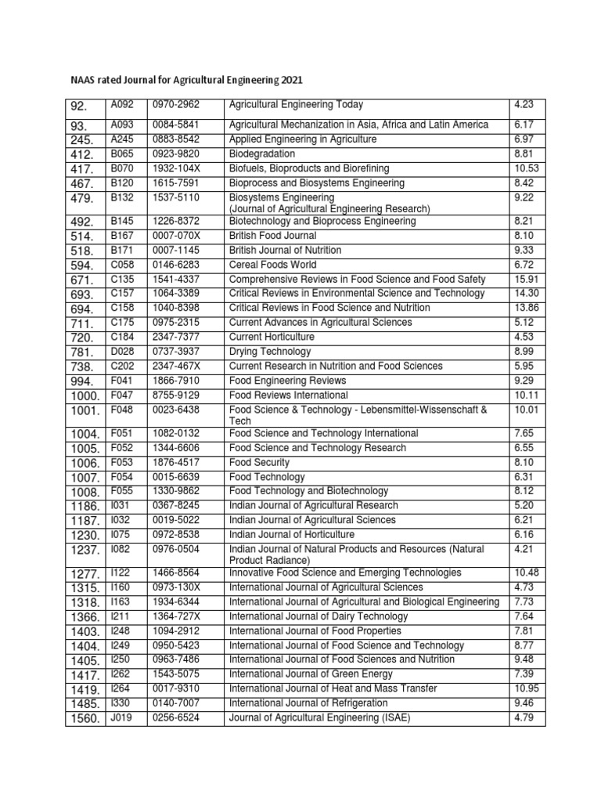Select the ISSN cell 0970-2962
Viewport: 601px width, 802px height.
coord(177,105)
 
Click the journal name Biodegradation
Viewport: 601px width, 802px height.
coord(262,154)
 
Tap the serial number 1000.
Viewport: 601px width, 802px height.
coord(85,396)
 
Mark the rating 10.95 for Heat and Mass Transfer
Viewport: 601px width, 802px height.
coord(526,688)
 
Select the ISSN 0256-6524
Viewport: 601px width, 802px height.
coord(177,717)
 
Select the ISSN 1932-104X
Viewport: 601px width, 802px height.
coord(177,168)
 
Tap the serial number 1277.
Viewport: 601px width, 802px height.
coord(85,574)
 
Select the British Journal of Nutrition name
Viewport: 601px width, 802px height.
coord(285,250)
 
